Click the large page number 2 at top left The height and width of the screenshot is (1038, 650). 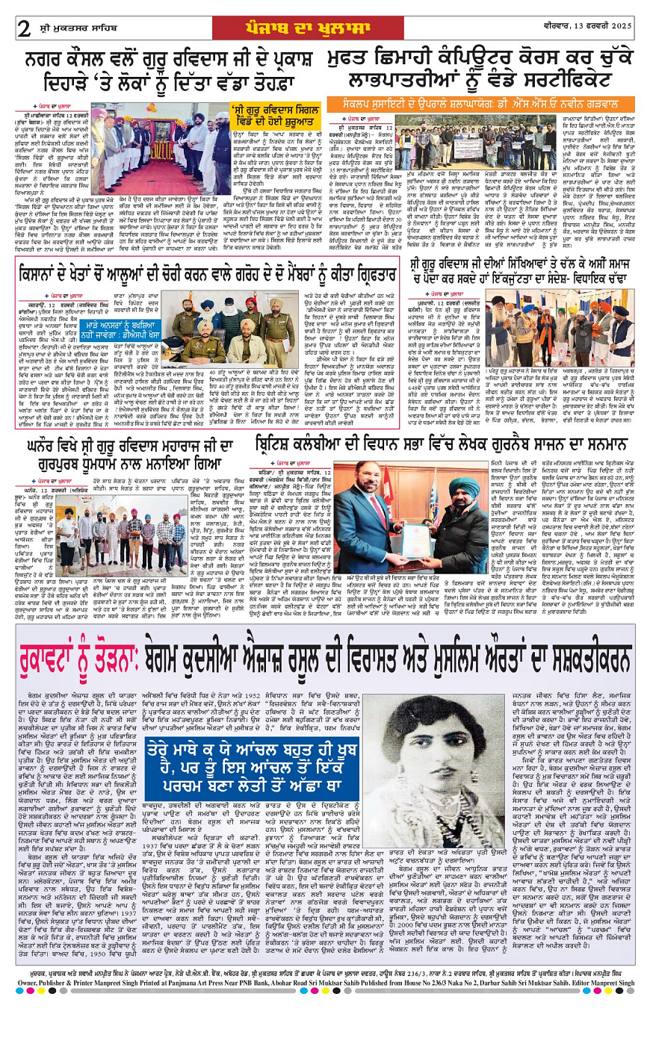(24, 28)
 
